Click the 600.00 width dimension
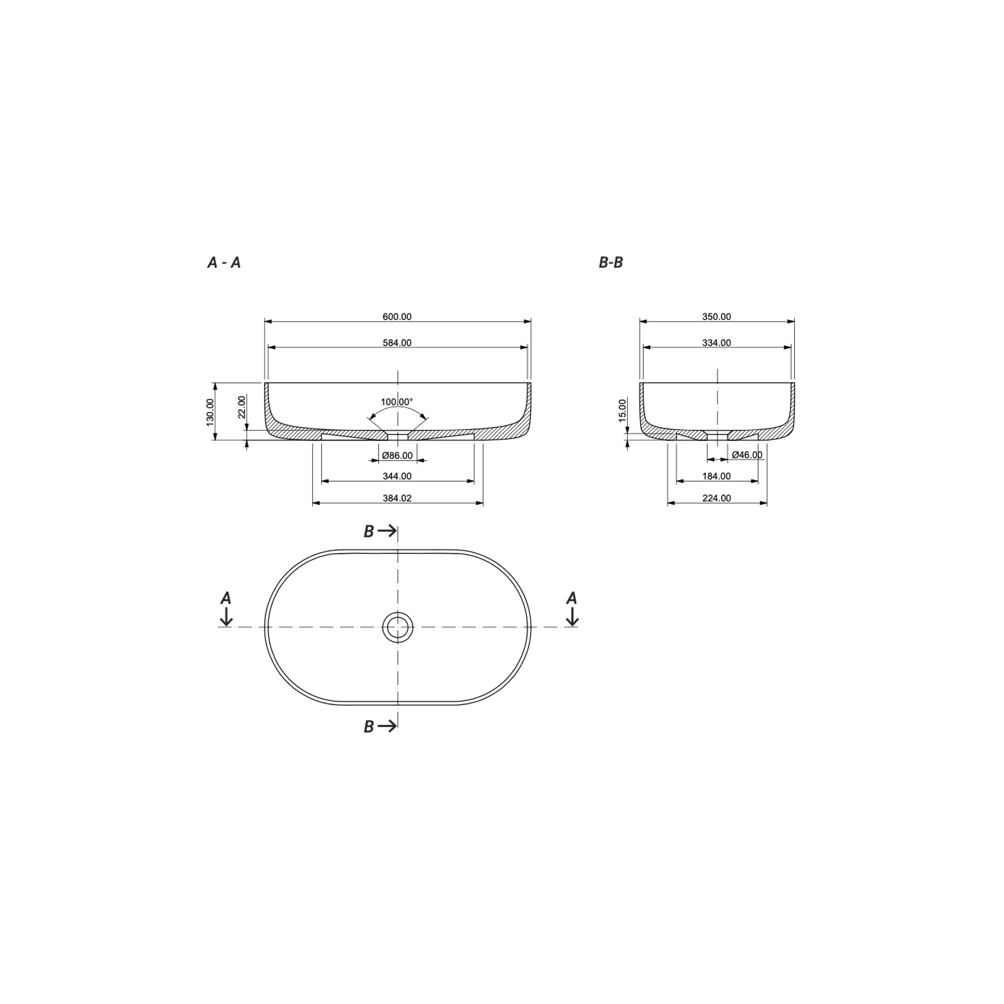(x=397, y=317)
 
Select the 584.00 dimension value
(x=397, y=343)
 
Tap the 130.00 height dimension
(x=210, y=412)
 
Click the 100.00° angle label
(x=397, y=402)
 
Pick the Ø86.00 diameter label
(x=397, y=456)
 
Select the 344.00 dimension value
(x=397, y=477)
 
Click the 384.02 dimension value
(x=397, y=498)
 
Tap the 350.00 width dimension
(x=716, y=317)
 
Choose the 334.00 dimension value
(x=716, y=343)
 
